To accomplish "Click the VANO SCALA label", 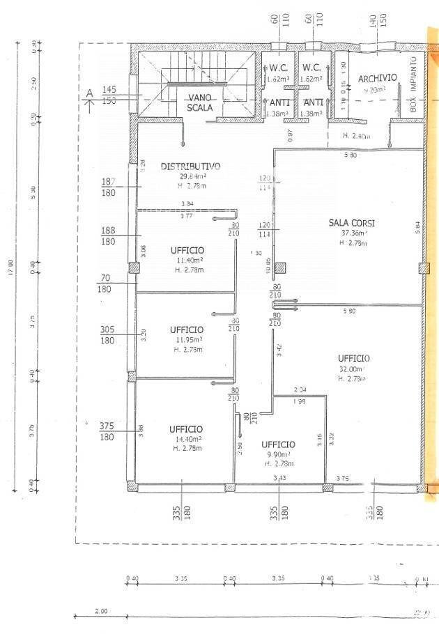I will click(x=199, y=102).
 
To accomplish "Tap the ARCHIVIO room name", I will click(x=378, y=78).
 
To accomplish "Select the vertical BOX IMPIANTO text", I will click(x=413, y=85).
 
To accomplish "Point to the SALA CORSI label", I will click(x=352, y=223).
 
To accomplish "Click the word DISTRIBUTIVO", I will click(x=190, y=167).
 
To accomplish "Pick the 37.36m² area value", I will click(x=352, y=233).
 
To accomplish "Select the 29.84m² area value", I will click(x=188, y=176).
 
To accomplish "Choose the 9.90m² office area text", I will click(x=278, y=454).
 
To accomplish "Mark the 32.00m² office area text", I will click(x=353, y=369).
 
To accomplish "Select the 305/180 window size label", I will click(x=108, y=335).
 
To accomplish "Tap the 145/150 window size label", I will click(x=109, y=95).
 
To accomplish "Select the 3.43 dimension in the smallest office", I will click(x=279, y=477).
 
